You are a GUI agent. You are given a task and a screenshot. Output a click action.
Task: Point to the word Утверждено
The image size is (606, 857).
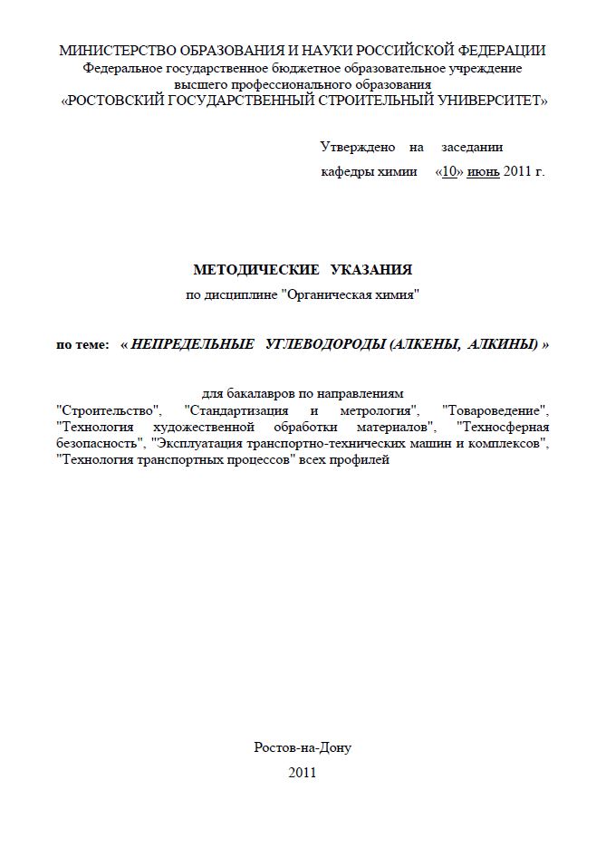[x=358, y=147]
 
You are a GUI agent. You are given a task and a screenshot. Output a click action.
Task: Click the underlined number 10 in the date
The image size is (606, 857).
[x=450, y=170]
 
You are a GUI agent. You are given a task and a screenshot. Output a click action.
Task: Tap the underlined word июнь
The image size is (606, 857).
[x=483, y=170]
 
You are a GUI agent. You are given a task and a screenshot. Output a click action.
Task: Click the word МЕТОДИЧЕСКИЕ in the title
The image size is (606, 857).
[x=250, y=269]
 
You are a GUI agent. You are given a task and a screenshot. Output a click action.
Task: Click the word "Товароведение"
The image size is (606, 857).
[x=495, y=409]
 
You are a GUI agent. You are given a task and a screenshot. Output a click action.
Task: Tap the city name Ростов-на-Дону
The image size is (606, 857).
[x=303, y=747]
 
